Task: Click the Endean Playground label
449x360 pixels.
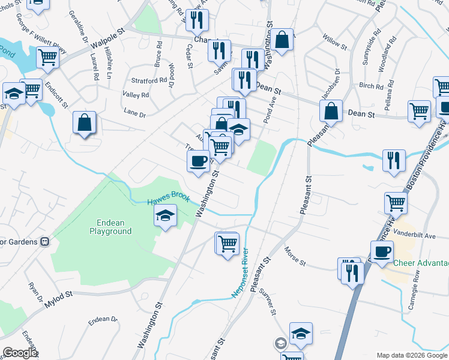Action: (x=110, y=226)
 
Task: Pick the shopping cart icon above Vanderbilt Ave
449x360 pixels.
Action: (x=396, y=203)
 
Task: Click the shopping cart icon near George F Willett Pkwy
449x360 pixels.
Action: (x=47, y=58)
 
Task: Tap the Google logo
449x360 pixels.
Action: (x=19, y=353)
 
